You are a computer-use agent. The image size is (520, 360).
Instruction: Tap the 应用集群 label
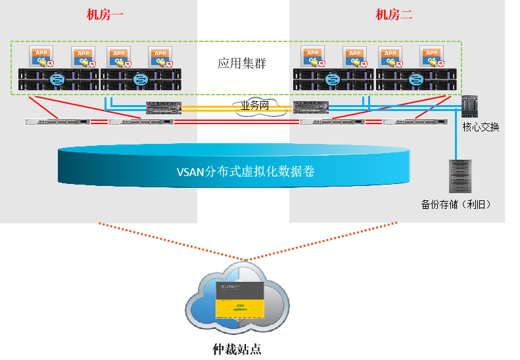tap(242, 64)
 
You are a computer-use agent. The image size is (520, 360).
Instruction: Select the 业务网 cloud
tap(255, 106)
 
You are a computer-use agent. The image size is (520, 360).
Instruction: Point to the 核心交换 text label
tap(481, 127)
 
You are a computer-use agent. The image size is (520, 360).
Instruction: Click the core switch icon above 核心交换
tap(470, 106)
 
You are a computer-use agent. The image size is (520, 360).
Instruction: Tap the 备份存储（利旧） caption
tap(456, 204)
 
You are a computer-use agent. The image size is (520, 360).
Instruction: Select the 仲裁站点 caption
tap(239, 348)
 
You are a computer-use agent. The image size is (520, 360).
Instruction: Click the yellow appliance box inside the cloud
tap(240, 305)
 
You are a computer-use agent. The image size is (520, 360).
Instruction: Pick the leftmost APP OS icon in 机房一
tap(41, 57)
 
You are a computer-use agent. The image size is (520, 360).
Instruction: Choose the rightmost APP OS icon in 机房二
tap(431, 57)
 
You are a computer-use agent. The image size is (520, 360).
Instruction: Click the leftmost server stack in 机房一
tap(59, 79)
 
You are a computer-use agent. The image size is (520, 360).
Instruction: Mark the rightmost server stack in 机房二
tap(416, 79)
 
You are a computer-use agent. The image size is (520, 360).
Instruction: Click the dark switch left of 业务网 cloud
tap(163, 107)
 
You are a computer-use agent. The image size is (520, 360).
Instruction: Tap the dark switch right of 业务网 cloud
tap(311, 107)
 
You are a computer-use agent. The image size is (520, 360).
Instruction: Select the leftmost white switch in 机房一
tap(57, 122)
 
